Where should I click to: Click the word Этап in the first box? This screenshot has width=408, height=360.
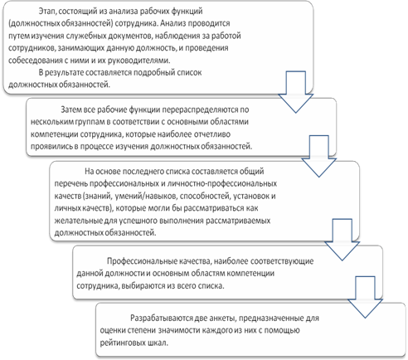[x=47, y=12]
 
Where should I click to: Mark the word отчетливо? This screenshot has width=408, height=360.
[x=212, y=134]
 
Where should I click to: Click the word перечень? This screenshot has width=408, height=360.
[x=71, y=183]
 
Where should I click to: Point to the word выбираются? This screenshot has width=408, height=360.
[x=142, y=285]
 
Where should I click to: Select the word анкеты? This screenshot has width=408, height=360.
[x=221, y=319]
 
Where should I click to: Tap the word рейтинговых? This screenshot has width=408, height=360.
[x=122, y=343]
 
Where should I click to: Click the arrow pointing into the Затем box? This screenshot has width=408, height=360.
[x=295, y=92]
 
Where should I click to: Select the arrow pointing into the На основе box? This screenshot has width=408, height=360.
[x=318, y=156]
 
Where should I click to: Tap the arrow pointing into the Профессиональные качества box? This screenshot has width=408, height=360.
[x=342, y=240]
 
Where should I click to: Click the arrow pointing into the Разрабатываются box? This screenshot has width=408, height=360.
[x=365, y=297]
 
